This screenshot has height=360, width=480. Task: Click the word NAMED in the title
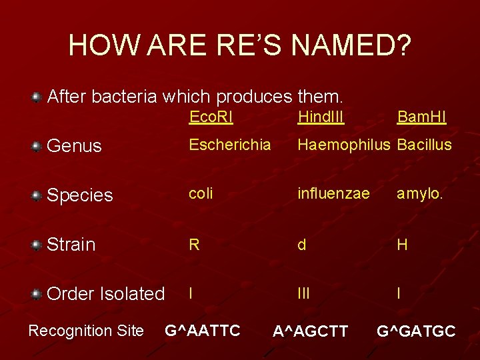tap(346, 45)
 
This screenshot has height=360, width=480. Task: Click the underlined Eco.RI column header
tap(211, 117)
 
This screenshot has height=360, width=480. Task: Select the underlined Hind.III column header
tap(321, 117)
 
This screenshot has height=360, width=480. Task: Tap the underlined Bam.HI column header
tap(421, 117)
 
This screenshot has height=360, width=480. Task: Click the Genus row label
tap(74, 146)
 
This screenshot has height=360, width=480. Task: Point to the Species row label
tap(79, 195)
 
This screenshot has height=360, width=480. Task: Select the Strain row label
tap(71, 245)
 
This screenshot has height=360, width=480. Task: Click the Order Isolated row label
tap(105, 294)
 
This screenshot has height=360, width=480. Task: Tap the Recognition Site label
tap(85, 331)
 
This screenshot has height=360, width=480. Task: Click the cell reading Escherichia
tap(229, 145)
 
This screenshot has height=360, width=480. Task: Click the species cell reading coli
tap(201, 194)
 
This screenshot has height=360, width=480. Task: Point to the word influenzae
tap(333, 194)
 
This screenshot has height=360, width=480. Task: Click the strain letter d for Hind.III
tap(302, 244)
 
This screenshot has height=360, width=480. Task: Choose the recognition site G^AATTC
tap(203, 330)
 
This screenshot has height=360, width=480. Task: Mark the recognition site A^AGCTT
tap(310, 331)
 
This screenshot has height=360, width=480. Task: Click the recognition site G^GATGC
tap(416, 331)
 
